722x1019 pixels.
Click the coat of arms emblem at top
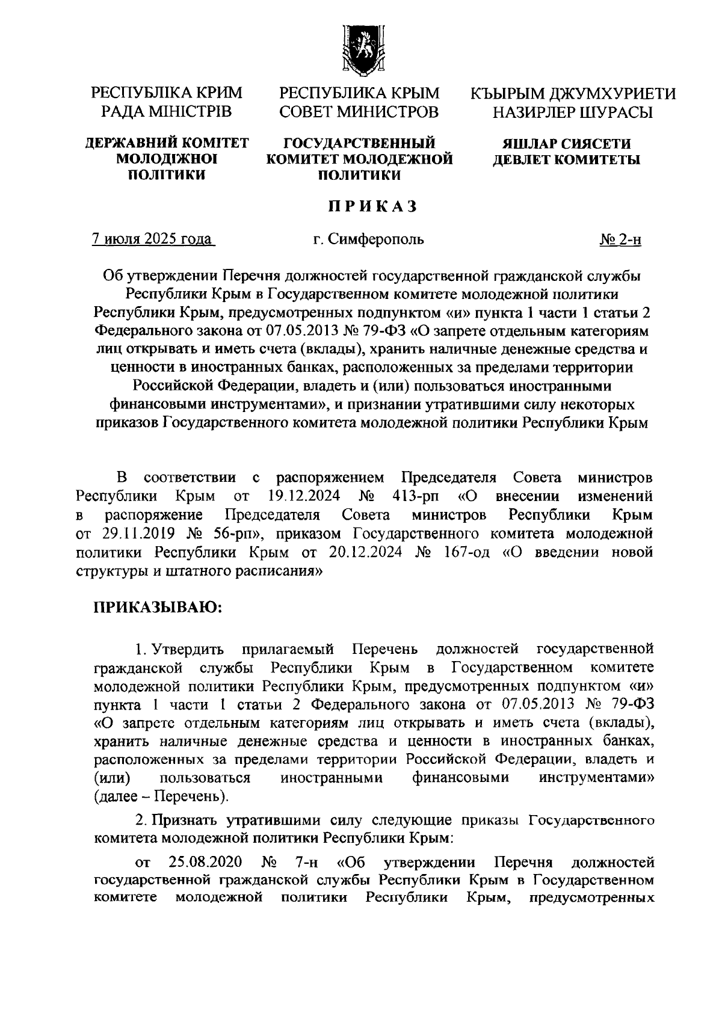coord(359,50)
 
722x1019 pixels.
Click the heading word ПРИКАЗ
coord(372,206)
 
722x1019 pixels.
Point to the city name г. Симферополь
coord(368,239)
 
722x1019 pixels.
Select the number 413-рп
coord(415,496)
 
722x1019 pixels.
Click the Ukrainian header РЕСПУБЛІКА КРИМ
coord(167,93)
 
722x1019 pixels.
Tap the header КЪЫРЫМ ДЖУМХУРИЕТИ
coord(573,93)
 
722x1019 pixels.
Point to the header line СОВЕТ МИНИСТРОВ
coord(359,112)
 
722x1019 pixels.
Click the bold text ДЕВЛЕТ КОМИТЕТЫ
coord(566,159)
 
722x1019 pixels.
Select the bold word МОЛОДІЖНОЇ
coord(167,159)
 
